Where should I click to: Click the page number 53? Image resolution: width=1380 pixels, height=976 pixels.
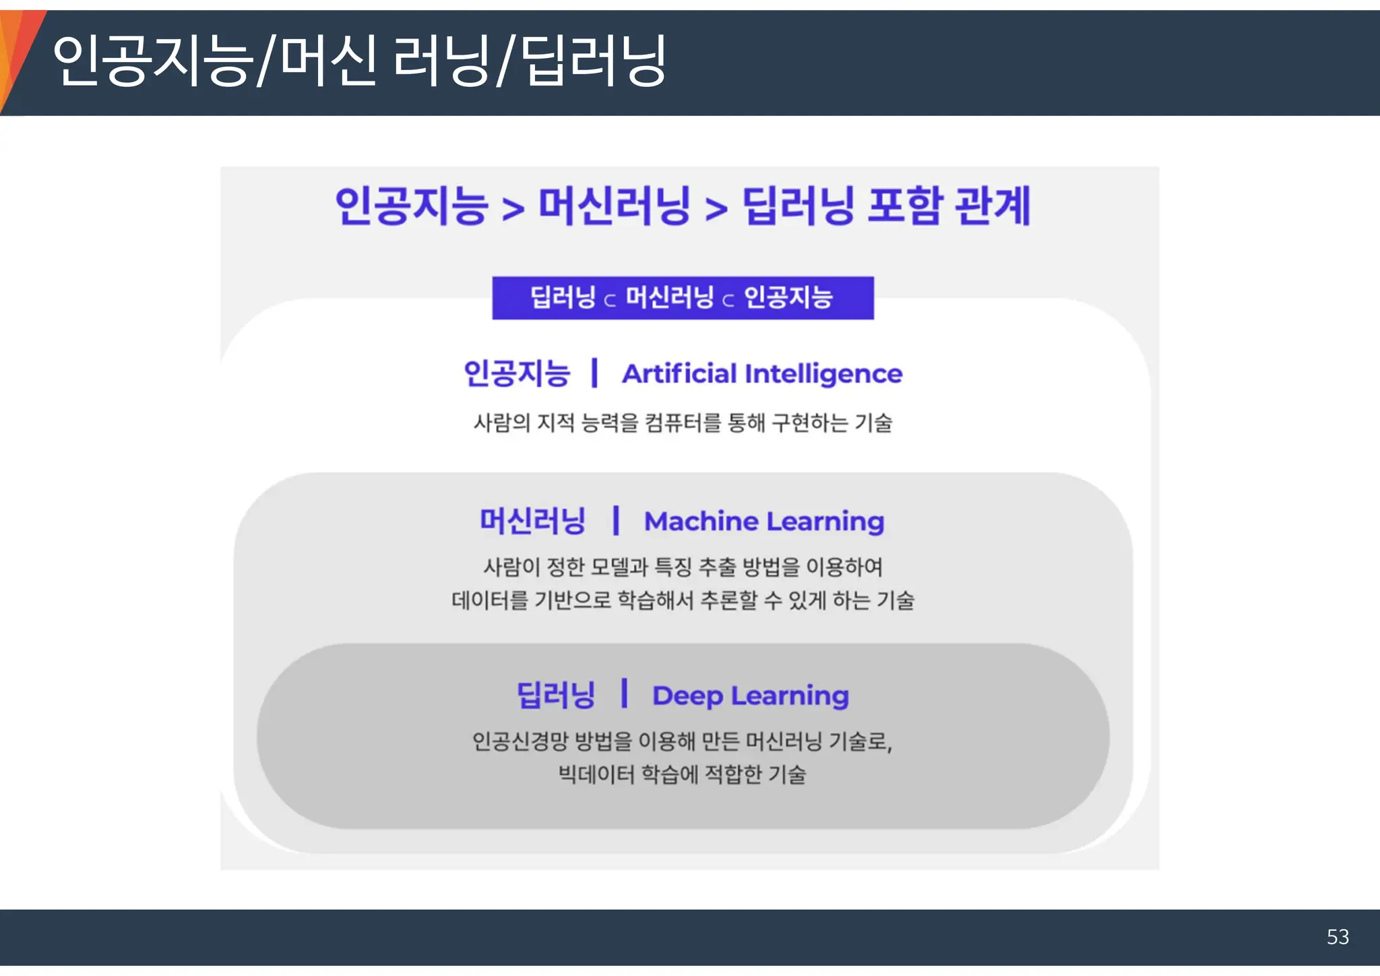click(x=1338, y=937)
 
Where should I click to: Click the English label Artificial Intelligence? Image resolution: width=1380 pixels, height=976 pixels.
click(x=762, y=374)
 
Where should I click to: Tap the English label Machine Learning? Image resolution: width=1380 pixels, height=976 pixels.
click(x=764, y=522)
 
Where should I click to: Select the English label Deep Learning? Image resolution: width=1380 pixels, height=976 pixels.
click(x=751, y=696)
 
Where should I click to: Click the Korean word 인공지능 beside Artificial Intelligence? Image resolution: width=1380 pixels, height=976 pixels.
click(x=517, y=373)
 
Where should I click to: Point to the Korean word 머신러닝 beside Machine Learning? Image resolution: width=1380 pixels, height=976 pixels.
click(x=532, y=521)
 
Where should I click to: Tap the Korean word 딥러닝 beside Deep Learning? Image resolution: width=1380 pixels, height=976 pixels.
click(x=556, y=695)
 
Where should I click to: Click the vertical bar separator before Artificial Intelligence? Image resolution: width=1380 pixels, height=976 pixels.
click(x=594, y=373)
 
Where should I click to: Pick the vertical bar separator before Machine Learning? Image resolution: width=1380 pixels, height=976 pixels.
click(x=615, y=521)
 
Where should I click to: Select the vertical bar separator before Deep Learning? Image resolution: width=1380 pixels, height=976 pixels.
click(x=625, y=694)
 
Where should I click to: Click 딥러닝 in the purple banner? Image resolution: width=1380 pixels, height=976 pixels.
click(x=563, y=297)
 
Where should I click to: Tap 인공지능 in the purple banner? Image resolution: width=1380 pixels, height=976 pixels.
click(x=788, y=297)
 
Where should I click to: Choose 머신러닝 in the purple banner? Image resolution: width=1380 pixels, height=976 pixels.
click(x=670, y=297)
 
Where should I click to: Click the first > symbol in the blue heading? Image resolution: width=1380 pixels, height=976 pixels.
click(x=513, y=209)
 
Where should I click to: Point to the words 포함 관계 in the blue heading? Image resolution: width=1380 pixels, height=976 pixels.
click(x=949, y=206)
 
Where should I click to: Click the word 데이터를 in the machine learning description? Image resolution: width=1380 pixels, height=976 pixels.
click(x=490, y=600)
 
